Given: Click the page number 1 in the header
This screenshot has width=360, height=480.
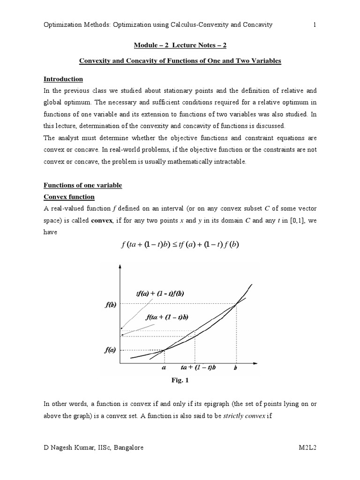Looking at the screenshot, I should point(315,25).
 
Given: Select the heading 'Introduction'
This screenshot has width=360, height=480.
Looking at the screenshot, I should point(63,79).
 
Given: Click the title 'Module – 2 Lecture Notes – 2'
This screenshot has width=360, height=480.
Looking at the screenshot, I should point(180,45).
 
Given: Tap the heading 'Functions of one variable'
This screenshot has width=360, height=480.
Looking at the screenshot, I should point(82,185).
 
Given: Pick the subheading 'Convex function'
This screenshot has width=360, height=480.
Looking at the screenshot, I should point(69,197).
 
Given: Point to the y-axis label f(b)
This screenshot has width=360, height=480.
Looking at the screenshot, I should point(110,305).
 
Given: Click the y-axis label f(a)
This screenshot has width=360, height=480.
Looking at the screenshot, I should point(110,350).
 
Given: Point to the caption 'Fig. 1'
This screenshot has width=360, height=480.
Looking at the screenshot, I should point(180,381).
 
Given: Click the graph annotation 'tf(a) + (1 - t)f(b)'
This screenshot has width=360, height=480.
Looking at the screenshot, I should point(160,293).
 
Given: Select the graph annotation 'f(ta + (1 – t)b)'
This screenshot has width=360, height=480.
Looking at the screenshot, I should point(167,317).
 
